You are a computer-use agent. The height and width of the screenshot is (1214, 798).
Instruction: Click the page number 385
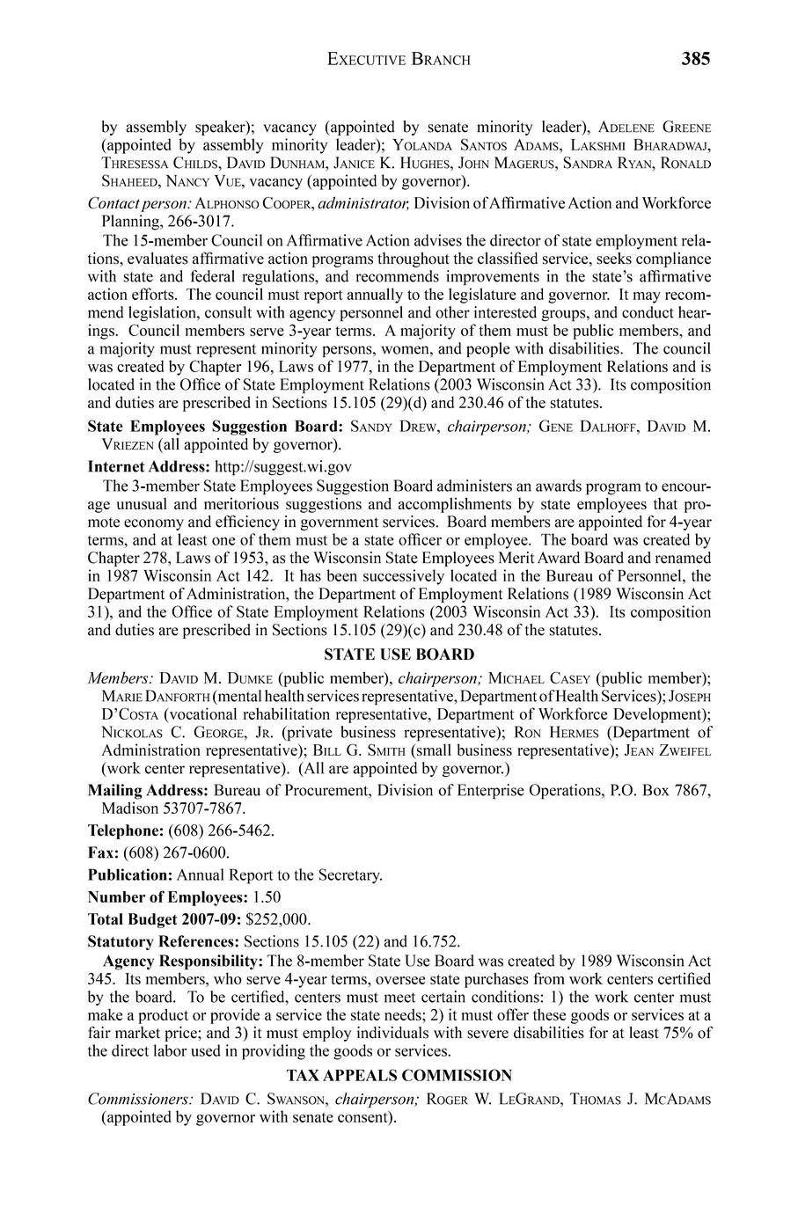694,59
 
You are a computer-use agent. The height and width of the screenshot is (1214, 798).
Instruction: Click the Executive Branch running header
399,60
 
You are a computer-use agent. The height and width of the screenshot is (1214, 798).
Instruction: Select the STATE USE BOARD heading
399,655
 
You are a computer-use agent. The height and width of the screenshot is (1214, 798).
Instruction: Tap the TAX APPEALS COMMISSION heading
399,1075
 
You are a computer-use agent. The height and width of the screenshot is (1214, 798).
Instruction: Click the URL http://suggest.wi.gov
282,466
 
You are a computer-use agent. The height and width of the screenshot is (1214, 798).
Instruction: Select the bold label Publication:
130,875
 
